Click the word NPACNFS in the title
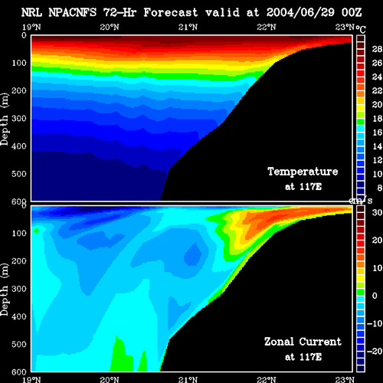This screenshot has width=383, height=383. tap(73, 12)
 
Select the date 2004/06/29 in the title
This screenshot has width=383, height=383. tap(300, 12)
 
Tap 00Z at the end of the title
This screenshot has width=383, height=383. tap(352, 12)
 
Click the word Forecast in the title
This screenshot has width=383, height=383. tap(171, 12)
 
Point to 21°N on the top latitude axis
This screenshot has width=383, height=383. tap(188, 27)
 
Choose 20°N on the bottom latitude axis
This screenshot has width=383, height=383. tap(110, 380)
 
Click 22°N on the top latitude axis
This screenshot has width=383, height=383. tap(267, 27)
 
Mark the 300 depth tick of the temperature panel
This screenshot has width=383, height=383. tap(19, 119)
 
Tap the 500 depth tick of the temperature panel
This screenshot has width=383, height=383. tap(19, 174)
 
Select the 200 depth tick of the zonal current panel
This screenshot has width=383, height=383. tap(19, 261)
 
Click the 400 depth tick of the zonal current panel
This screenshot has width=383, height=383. tap(19, 317)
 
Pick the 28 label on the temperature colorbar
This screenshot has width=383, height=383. tap(377, 49)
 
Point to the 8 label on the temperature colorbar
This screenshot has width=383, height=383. tap(380, 188)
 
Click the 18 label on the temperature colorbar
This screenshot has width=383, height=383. tap(377, 119)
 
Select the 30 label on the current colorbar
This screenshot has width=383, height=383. tap(377, 212)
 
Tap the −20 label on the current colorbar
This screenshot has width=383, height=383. tap(375, 352)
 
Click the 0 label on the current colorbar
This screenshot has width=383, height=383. tap(375, 296)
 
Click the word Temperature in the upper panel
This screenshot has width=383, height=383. tap(303, 172)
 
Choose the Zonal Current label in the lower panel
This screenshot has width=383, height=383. tap(303, 342)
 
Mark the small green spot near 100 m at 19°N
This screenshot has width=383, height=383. tap(36, 231)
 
